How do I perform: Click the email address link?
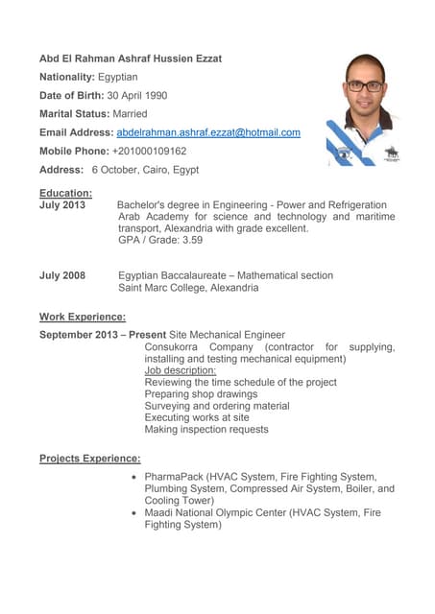208,132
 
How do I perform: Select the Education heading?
65,192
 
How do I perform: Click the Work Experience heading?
82,317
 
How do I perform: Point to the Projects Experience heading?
89,459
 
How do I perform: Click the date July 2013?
62,205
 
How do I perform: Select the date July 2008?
62,275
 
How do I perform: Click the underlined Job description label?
180,370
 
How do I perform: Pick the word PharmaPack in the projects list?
173,477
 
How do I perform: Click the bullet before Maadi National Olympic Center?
133,513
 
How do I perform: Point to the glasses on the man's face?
365,85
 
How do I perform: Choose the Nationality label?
66,77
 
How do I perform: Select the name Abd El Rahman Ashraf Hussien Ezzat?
130,59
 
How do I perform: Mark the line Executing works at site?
196,417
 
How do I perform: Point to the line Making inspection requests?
206,430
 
